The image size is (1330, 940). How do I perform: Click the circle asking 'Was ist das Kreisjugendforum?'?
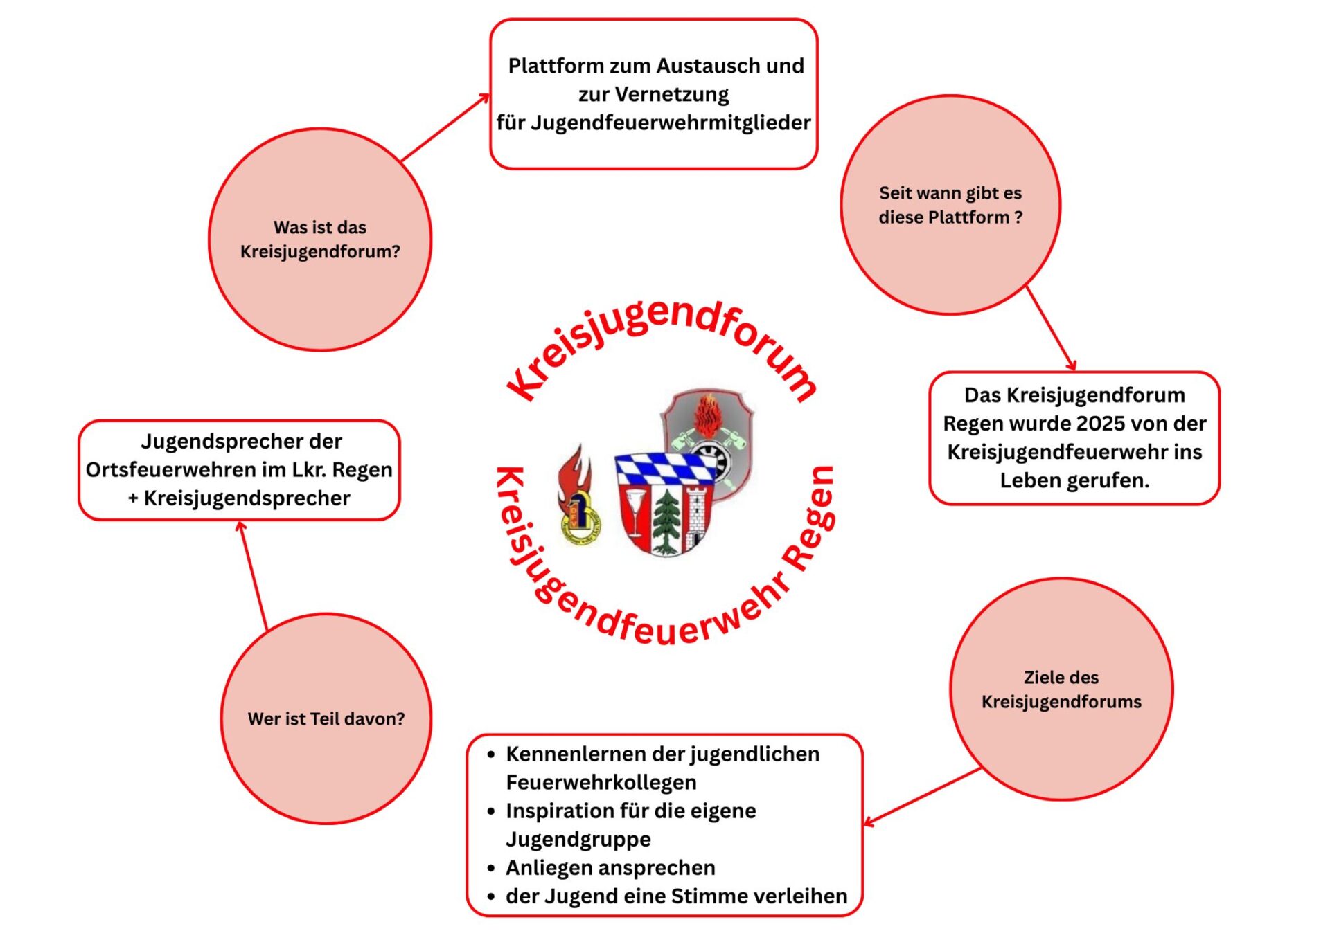pyautogui.click(x=320, y=239)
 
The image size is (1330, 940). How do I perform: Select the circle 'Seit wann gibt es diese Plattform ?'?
pyautogui.click(x=950, y=205)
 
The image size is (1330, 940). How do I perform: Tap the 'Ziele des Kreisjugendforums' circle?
pyautogui.click(x=1061, y=689)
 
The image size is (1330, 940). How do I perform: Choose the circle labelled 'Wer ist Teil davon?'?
pyautogui.click(x=326, y=718)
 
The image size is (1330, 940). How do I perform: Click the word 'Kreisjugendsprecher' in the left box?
pyautogui.click(x=247, y=498)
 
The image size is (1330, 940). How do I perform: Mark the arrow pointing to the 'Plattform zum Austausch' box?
pyautogui.click(x=445, y=127)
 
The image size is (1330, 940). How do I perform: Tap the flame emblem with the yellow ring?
pyautogui.click(x=578, y=494)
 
